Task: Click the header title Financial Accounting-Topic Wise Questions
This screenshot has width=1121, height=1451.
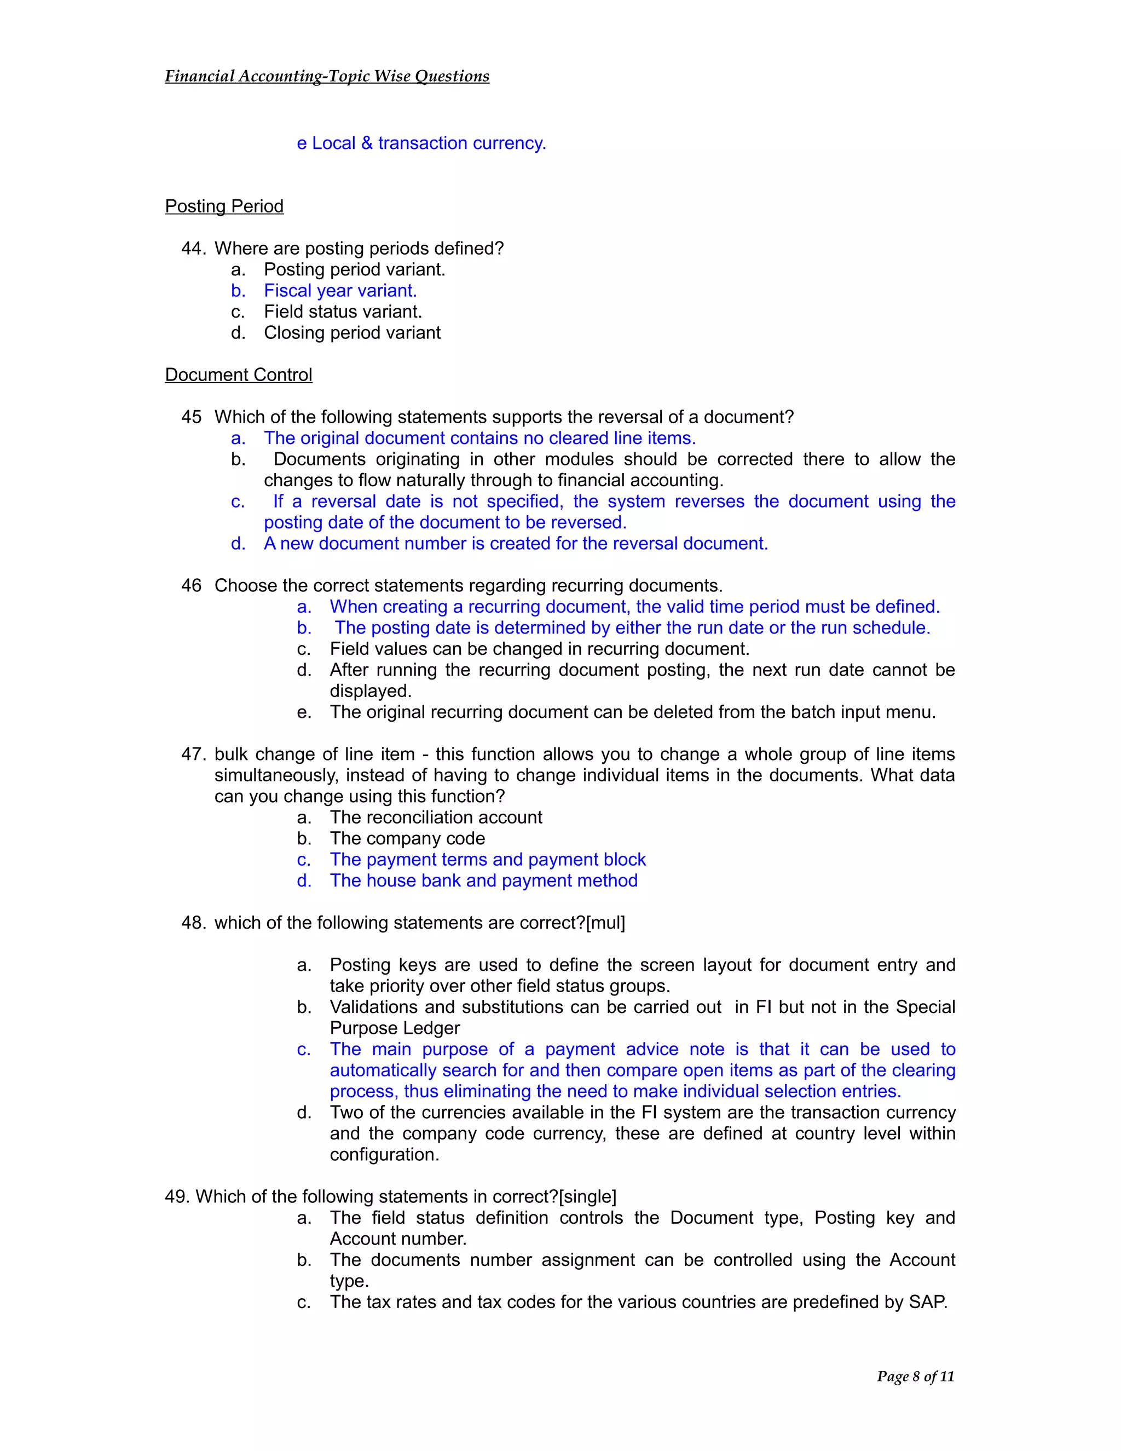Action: pyautogui.click(x=327, y=77)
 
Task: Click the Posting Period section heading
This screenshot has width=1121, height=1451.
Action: pyautogui.click(x=224, y=206)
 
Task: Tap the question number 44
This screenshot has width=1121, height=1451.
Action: pyautogui.click(x=193, y=249)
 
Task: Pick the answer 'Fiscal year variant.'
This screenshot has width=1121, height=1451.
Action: pyautogui.click(x=340, y=290)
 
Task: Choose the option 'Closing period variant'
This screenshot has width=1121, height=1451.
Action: pyautogui.click(x=352, y=333)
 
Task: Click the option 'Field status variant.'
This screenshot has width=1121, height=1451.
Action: pyautogui.click(x=343, y=312)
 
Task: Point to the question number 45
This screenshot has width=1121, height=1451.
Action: pyautogui.click(x=191, y=417)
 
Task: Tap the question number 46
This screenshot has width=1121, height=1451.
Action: pyautogui.click(x=191, y=585)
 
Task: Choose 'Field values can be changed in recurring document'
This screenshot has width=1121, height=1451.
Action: pyautogui.click(x=539, y=648)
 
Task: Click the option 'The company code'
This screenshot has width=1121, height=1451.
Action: pyautogui.click(x=407, y=838)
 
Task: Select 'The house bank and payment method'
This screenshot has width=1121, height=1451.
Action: pyautogui.click(x=483, y=880)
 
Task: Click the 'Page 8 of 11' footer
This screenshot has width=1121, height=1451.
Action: pyautogui.click(x=915, y=1376)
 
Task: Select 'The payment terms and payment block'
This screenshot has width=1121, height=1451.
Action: pyautogui.click(x=488, y=859)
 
